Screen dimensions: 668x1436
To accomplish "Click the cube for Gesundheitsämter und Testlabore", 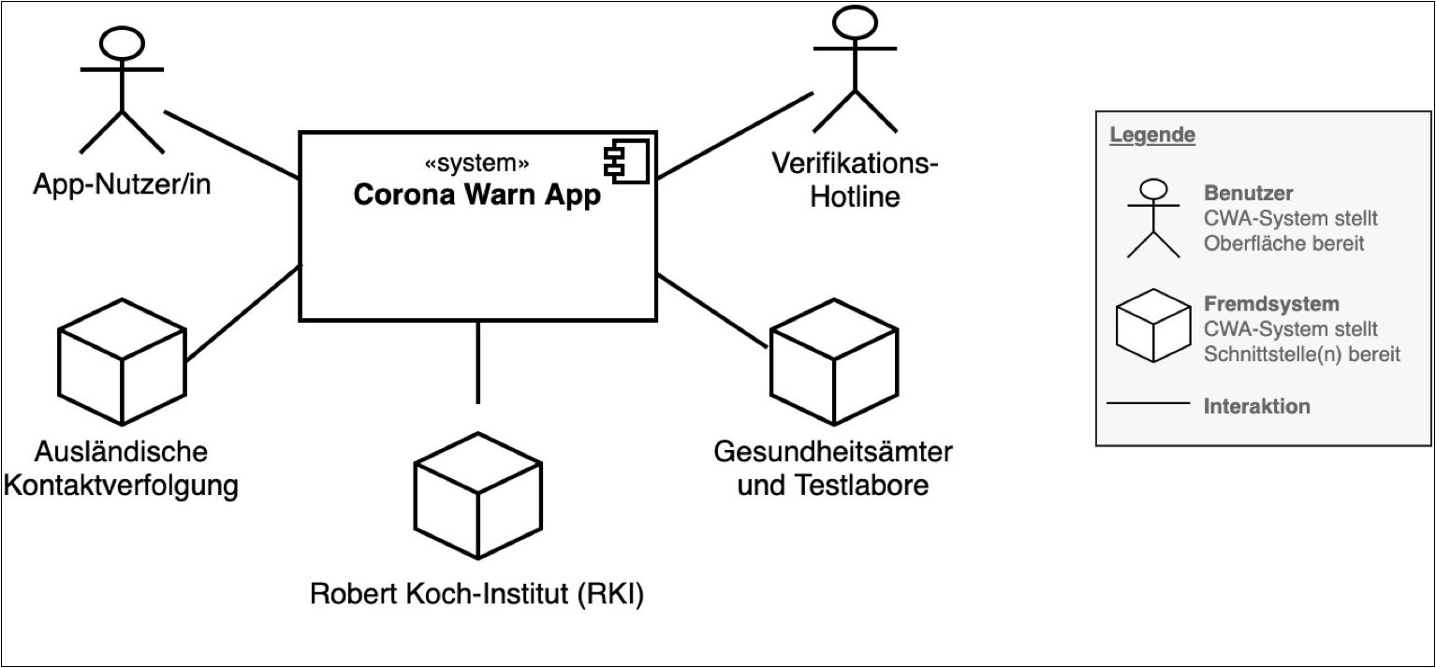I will [x=833, y=364].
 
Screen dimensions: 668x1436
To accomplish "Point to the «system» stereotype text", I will [x=476, y=164].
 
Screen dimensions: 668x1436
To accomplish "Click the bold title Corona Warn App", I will [x=476, y=197].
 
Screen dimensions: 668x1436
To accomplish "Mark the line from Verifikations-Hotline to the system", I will [x=735, y=134].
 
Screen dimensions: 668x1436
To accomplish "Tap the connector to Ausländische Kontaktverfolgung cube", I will [x=243, y=314].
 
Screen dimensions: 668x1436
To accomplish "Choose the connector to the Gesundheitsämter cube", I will [x=712, y=311].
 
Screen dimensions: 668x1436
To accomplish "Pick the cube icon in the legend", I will [x=1153, y=326].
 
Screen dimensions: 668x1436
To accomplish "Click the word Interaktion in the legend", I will [x=1256, y=407].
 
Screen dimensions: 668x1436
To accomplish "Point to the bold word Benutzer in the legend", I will [x=1248, y=194].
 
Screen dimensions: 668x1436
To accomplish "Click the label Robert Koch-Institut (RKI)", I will [x=478, y=594].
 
